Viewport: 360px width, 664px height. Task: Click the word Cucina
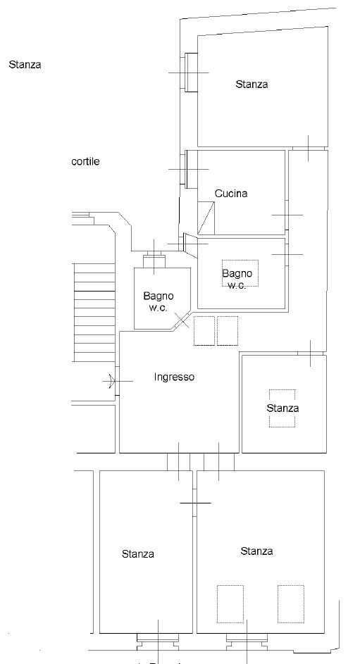[231, 194]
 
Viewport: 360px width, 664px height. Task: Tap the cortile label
[85, 161]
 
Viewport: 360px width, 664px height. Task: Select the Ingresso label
[175, 377]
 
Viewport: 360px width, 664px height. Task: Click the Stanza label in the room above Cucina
[252, 84]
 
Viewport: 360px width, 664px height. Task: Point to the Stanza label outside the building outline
[25, 65]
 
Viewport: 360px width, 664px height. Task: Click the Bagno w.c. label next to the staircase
[159, 301]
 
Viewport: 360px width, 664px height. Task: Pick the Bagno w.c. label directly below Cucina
[237, 279]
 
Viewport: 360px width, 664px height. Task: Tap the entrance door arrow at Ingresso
[112, 381]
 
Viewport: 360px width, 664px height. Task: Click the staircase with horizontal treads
[94, 313]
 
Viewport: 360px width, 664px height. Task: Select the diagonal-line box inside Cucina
[206, 218]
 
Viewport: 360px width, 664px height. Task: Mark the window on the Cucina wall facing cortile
[192, 169]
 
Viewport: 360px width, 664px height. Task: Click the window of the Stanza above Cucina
[192, 72]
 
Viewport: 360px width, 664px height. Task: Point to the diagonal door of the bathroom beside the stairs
[181, 321]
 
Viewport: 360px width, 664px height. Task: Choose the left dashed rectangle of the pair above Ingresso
[204, 331]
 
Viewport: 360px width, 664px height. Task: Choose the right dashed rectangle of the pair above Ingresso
[228, 331]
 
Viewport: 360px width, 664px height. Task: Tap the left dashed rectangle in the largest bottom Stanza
[230, 604]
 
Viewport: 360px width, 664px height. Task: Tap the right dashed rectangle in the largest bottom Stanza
[291, 604]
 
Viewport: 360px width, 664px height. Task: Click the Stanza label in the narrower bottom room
[137, 554]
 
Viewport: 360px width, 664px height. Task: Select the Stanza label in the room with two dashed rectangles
[256, 551]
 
